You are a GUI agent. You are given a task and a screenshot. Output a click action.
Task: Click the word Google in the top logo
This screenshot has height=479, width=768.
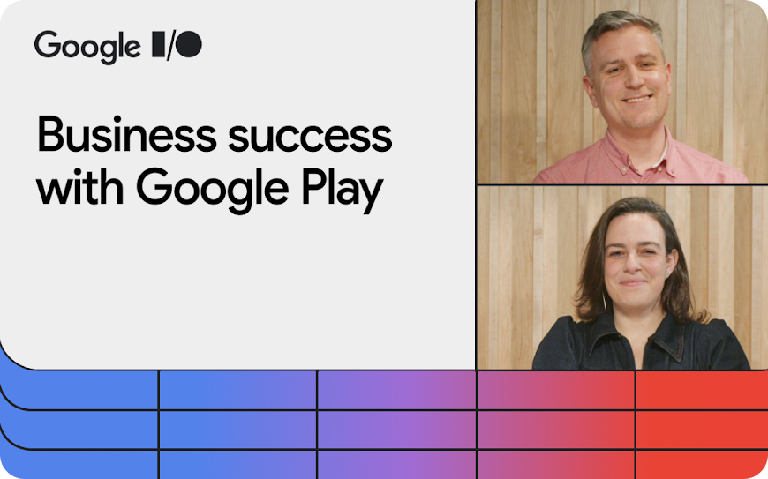[x=87, y=48]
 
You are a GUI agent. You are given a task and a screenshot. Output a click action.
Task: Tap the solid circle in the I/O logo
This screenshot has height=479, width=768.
[x=189, y=44]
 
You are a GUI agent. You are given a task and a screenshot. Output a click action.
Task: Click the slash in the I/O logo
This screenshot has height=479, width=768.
[x=170, y=46]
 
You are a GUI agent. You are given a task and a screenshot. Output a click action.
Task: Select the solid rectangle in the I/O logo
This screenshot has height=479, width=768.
[x=159, y=44]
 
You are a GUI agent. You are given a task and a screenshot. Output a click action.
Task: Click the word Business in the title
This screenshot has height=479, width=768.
[x=127, y=134]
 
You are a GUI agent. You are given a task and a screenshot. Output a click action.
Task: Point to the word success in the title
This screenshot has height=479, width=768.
[x=310, y=138]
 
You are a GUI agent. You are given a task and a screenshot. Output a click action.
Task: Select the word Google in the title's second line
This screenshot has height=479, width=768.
[x=212, y=191]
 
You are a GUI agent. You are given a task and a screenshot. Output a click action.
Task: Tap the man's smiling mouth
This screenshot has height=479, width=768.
[x=637, y=99]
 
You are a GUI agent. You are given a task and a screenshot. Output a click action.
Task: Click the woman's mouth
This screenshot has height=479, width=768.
[x=633, y=283]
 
